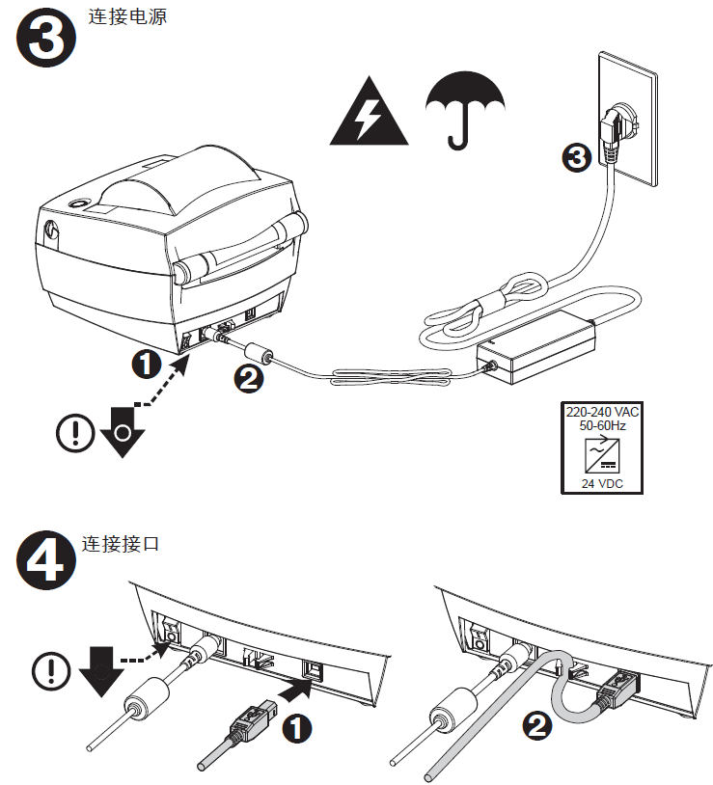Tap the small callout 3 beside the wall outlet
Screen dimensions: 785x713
tap(576, 158)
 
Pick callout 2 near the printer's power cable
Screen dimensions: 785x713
tap(249, 379)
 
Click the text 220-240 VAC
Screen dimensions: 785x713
tap(602, 411)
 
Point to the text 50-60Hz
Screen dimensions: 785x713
tap(602, 424)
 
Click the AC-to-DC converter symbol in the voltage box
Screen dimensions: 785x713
tap(602, 454)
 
